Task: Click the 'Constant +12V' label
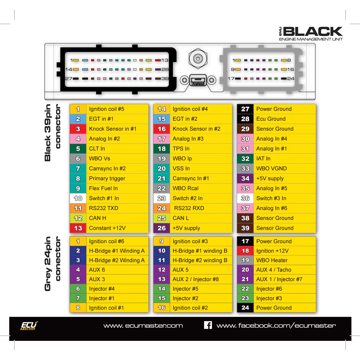(107, 228)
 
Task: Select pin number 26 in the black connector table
(162, 228)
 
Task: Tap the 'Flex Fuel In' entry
(103, 188)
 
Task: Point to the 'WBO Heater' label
(272, 260)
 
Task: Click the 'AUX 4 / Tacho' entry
(274, 270)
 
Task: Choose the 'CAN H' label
(98, 218)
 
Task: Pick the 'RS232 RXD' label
(189, 208)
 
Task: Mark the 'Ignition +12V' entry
(272, 251)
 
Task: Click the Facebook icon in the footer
(208, 325)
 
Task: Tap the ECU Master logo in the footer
(29, 326)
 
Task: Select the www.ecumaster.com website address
(143, 326)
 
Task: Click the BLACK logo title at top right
(311, 34)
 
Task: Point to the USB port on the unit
(198, 80)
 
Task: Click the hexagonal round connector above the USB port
(198, 58)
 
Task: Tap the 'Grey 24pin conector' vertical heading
(52, 264)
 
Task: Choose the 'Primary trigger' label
(107, 179)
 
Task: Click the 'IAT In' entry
(263, 159)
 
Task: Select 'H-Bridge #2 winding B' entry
(200, 260)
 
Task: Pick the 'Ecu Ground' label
(271, 119)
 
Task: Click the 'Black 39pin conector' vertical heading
(52, 133)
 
